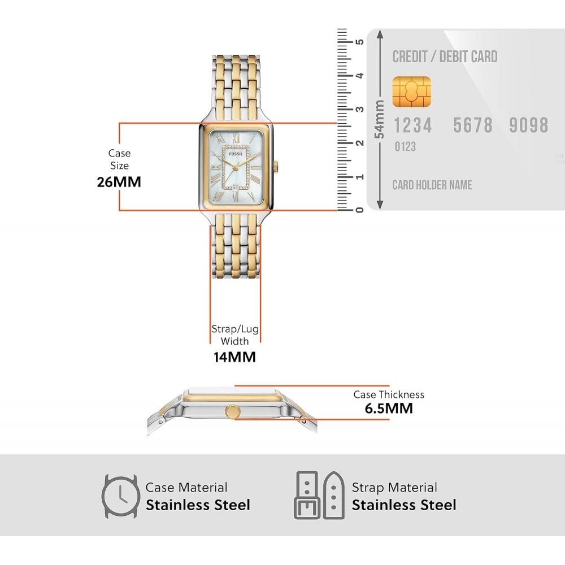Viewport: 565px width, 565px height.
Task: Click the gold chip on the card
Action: tap(412, 92)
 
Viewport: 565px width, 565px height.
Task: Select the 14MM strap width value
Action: tap(234, 357)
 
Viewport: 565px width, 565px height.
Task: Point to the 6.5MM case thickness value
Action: tap(389, 408)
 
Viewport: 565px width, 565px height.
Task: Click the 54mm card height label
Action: tap(380, 119)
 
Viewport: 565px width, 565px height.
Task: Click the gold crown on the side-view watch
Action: tap(232, 412)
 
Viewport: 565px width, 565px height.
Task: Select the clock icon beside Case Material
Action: tap(120, 496)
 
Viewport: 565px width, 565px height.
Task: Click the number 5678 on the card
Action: tap(473, 125)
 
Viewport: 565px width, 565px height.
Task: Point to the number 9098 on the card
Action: tap(528, 125)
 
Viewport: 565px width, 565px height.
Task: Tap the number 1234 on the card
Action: tap(412, 125)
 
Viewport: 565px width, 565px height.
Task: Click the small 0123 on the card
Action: tap(405, 147)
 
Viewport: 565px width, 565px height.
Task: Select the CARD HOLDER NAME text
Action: tap(432, 185)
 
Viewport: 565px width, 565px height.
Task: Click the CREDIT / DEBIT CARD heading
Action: tap(445, 56)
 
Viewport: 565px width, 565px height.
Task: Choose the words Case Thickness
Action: tap(389, 394)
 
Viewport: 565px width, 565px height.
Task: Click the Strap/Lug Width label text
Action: tap(234, 335)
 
